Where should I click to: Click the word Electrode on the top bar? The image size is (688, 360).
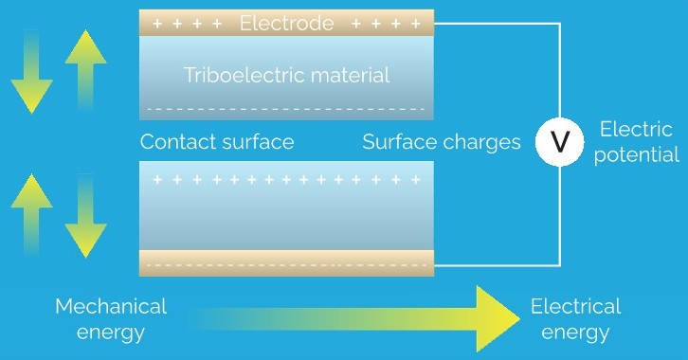coord(286,23)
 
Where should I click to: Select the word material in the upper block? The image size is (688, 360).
coord(353,76)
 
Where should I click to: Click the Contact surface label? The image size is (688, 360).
coord(217,142)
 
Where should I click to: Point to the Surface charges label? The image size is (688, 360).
coord(442,142)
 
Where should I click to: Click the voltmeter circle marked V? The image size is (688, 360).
coord(559,142)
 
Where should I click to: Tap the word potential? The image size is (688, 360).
coord(637,154)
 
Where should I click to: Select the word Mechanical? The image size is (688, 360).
coord(111,306)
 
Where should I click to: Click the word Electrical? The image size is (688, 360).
coord(575,306)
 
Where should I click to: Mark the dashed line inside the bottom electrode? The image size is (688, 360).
coord(286,263)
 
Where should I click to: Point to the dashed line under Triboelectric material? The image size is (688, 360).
coord(286,107)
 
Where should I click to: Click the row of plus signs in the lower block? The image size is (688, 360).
coord(286,178)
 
